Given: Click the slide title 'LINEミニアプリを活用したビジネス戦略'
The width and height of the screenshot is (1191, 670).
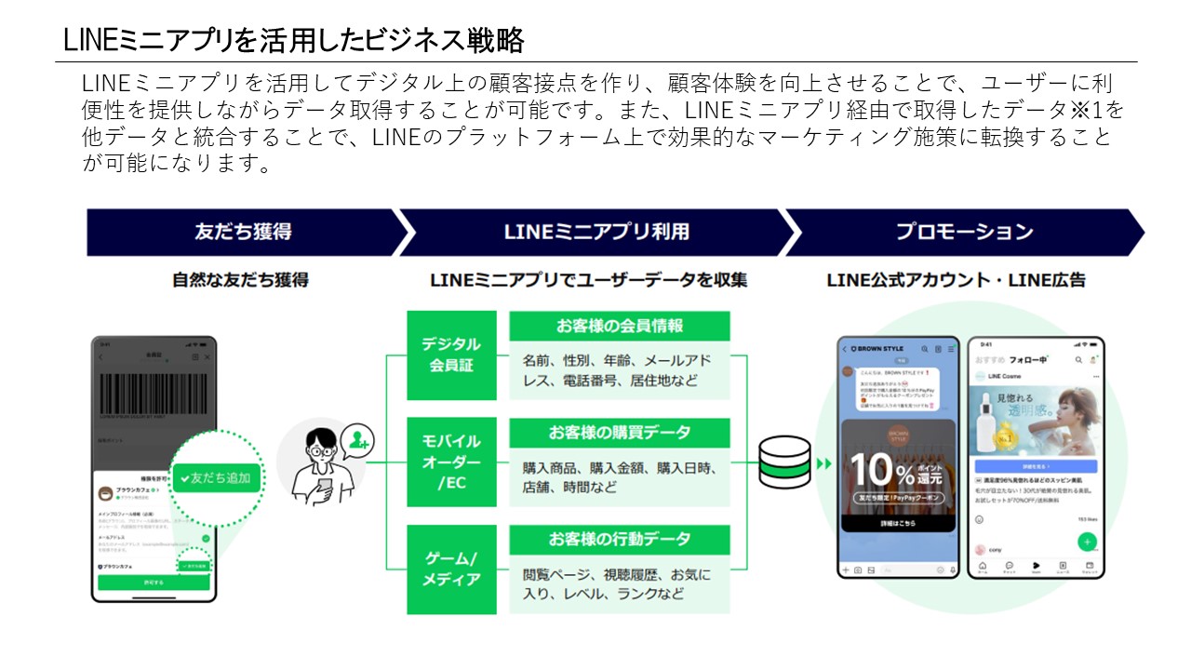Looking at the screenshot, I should pos(294,40).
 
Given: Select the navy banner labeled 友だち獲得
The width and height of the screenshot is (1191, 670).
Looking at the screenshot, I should pos(242,232).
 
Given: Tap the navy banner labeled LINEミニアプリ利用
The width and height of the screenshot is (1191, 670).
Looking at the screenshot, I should pos(596,232).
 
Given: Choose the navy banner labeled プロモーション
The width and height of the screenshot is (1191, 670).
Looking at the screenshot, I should pos(964,232).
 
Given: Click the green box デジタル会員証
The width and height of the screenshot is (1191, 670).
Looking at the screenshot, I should pos(452,355).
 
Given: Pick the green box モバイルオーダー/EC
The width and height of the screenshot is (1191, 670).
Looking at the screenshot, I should pos(452,462).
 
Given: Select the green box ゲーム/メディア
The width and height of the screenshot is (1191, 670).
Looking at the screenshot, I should pos(452,569).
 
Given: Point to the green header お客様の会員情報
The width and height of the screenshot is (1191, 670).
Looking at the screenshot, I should pos(620,326).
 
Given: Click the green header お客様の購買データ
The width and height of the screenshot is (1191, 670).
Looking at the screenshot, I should pos(620,433).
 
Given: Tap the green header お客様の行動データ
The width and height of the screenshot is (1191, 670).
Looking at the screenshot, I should pos(620,539).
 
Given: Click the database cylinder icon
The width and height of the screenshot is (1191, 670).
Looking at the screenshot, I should pos(784,462).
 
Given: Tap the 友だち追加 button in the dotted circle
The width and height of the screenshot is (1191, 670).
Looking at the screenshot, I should pos(216,477).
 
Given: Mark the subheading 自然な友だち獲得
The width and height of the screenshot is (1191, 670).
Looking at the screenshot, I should pos(240,279).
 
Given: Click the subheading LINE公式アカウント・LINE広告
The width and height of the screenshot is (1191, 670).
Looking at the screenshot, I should pos(956,279).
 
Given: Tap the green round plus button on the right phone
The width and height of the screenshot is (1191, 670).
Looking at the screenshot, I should pos(1087,542).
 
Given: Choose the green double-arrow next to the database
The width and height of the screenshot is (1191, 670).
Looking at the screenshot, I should pos(823,462).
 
